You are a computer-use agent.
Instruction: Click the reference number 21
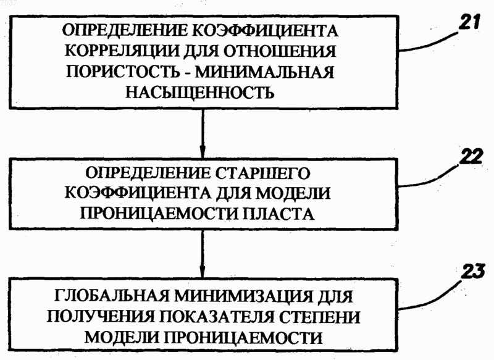point(469,22)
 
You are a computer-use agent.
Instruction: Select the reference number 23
point(473,272)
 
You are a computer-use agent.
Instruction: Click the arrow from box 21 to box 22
point(203,133)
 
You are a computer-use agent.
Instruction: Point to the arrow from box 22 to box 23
point(202,253)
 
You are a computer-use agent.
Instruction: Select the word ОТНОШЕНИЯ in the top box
point(280,51)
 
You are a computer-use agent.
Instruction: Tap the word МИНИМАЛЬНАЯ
point(264,72)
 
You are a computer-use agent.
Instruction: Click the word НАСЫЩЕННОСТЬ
point(199,92)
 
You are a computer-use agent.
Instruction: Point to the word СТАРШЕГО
point(264,174)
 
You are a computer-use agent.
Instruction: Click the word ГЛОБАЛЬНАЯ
point(112,296)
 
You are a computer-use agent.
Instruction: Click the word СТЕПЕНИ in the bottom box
point(319,317)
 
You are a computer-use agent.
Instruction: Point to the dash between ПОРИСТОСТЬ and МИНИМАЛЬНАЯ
point(186,73)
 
